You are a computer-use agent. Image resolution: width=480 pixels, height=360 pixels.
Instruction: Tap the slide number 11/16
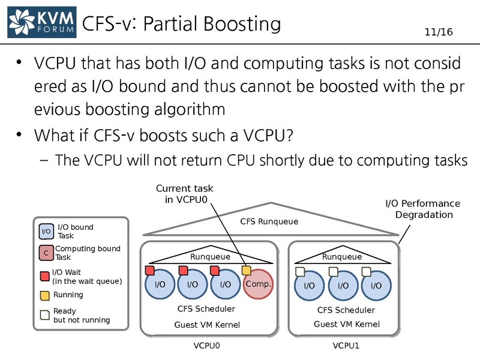439,32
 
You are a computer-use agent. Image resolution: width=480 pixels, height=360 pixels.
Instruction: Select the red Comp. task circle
259,284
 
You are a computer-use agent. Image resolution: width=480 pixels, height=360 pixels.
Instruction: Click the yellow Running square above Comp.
247,271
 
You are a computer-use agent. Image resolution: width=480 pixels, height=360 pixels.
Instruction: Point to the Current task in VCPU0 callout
184,194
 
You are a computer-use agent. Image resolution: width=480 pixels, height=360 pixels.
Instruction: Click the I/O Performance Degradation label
422,209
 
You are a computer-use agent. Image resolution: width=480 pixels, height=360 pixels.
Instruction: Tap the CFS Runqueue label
269,222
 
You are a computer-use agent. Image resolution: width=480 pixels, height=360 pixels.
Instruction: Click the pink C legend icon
46,253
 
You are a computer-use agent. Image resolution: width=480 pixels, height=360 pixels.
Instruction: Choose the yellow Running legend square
45,295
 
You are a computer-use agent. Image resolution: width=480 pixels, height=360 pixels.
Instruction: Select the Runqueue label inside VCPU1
342,257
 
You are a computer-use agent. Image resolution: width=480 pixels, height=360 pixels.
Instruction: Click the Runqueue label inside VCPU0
210,257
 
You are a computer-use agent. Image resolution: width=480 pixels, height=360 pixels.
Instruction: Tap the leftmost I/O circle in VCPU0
160,284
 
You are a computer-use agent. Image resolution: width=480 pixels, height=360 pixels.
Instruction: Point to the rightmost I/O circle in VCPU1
376,285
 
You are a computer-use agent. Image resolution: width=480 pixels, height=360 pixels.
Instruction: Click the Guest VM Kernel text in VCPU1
347,324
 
